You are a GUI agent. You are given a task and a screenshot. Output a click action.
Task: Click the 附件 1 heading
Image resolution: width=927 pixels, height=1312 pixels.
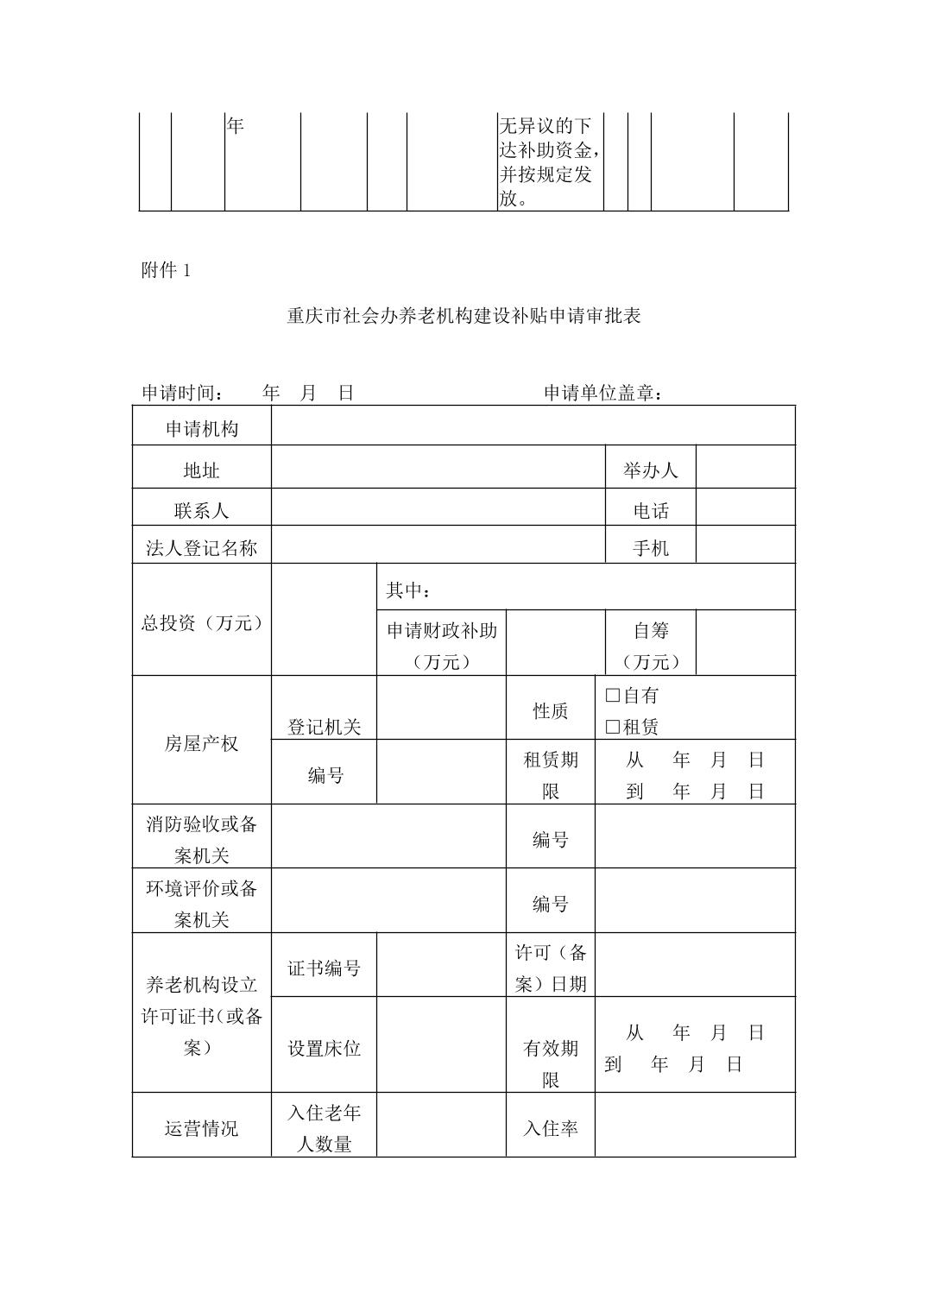[x=165, y=271]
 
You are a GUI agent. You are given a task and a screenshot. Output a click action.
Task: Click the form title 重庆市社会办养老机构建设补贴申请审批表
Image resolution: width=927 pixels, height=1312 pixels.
[x=463, y=316]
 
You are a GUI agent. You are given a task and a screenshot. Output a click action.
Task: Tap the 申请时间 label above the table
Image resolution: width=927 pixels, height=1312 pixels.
[x=182, y=394]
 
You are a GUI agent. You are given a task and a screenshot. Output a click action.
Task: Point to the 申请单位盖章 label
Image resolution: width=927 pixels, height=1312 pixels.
[x=603, y=394]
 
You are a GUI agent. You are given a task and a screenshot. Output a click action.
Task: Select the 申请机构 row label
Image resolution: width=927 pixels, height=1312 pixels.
[x=201, y=429]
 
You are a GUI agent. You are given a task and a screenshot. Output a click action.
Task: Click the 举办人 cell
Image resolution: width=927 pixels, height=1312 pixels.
[x=650, y=470]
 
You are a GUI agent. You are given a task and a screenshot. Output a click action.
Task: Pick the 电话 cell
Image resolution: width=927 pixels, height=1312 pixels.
[x=650, y=511]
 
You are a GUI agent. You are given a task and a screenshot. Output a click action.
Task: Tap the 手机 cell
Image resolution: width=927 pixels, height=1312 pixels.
[x=650, y=548]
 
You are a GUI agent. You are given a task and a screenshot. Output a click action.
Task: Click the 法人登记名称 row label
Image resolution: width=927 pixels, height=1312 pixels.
[x=201, y=548]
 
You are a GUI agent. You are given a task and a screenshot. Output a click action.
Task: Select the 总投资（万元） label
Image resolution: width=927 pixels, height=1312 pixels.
[x=201, y=623]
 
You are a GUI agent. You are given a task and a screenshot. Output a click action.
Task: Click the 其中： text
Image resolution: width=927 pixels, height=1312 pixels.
[x=407, y=590]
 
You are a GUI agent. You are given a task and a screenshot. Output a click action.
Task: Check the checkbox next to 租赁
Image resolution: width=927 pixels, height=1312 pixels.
[x=613, y=727]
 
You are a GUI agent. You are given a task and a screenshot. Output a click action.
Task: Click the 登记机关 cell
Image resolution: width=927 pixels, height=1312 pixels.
[x=324, y=727]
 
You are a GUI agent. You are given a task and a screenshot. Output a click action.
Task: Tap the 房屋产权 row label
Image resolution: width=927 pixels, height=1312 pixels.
[x=201, y=743]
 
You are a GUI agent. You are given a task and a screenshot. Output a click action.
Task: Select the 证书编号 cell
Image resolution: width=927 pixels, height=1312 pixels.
[x=324, y=968]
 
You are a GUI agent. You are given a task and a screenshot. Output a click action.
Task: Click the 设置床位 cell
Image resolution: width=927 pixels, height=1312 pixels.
[x=324, y=1049]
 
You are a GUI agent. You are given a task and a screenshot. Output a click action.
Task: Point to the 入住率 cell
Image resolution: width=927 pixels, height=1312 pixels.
[x=550, y=1128]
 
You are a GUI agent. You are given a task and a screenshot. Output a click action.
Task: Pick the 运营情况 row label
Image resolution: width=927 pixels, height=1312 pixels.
[x=201, y=1128]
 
